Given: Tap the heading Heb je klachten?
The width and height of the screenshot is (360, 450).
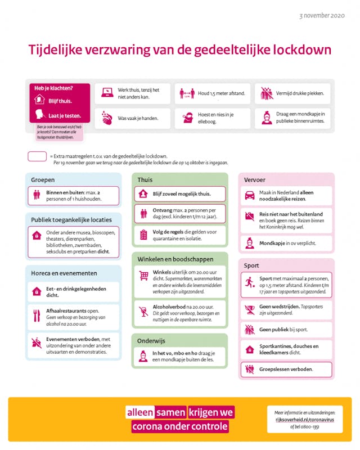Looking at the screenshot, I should click(54, 88).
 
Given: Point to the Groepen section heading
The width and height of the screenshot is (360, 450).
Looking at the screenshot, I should click(43, 180).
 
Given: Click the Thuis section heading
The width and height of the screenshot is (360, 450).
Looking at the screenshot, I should click(145, 180).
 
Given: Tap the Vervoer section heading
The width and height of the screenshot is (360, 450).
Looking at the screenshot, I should click(255, 180).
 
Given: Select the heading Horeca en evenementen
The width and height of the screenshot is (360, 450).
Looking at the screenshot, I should click(64, 273).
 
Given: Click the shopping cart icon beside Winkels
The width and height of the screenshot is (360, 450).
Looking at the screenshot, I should click(144, 276).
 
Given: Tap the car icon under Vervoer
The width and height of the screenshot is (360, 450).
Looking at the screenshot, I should click(250, 195).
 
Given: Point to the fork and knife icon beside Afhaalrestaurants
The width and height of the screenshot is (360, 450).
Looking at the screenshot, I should click(37, 316).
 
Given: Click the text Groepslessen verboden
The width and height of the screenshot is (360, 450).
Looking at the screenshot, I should click(286, 370).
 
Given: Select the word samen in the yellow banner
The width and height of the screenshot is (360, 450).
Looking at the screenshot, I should click(171, 412).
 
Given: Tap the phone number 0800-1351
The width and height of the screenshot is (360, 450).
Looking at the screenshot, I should click(309, 426).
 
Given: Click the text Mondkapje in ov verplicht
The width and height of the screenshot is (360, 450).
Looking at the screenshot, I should click(287, 244).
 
